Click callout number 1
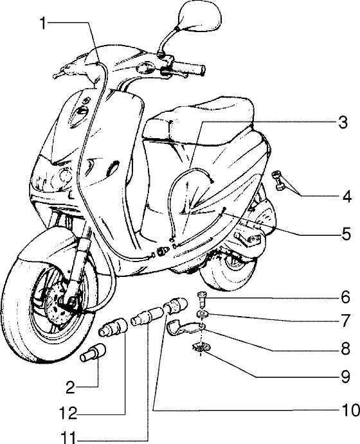(42, 24)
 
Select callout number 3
(344, 121)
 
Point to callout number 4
(346, 197)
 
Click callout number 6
(345, 299)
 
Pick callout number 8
(345, 350)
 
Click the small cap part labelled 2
(93, 354)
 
